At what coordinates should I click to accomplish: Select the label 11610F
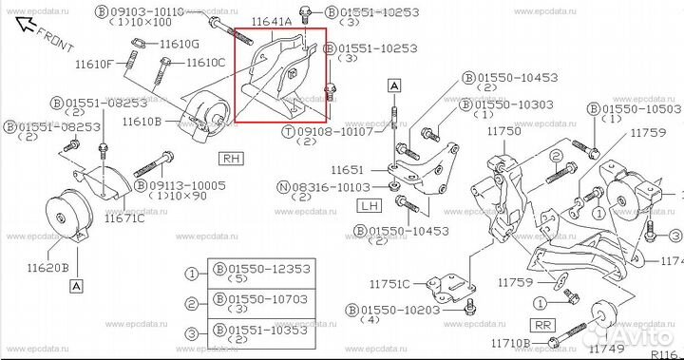pyautogui.click(x=95, y=64)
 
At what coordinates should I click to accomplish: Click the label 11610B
pyautogui.click(x=141, y=121)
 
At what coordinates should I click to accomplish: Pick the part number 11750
pyautogui.click(x=503, y=131)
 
